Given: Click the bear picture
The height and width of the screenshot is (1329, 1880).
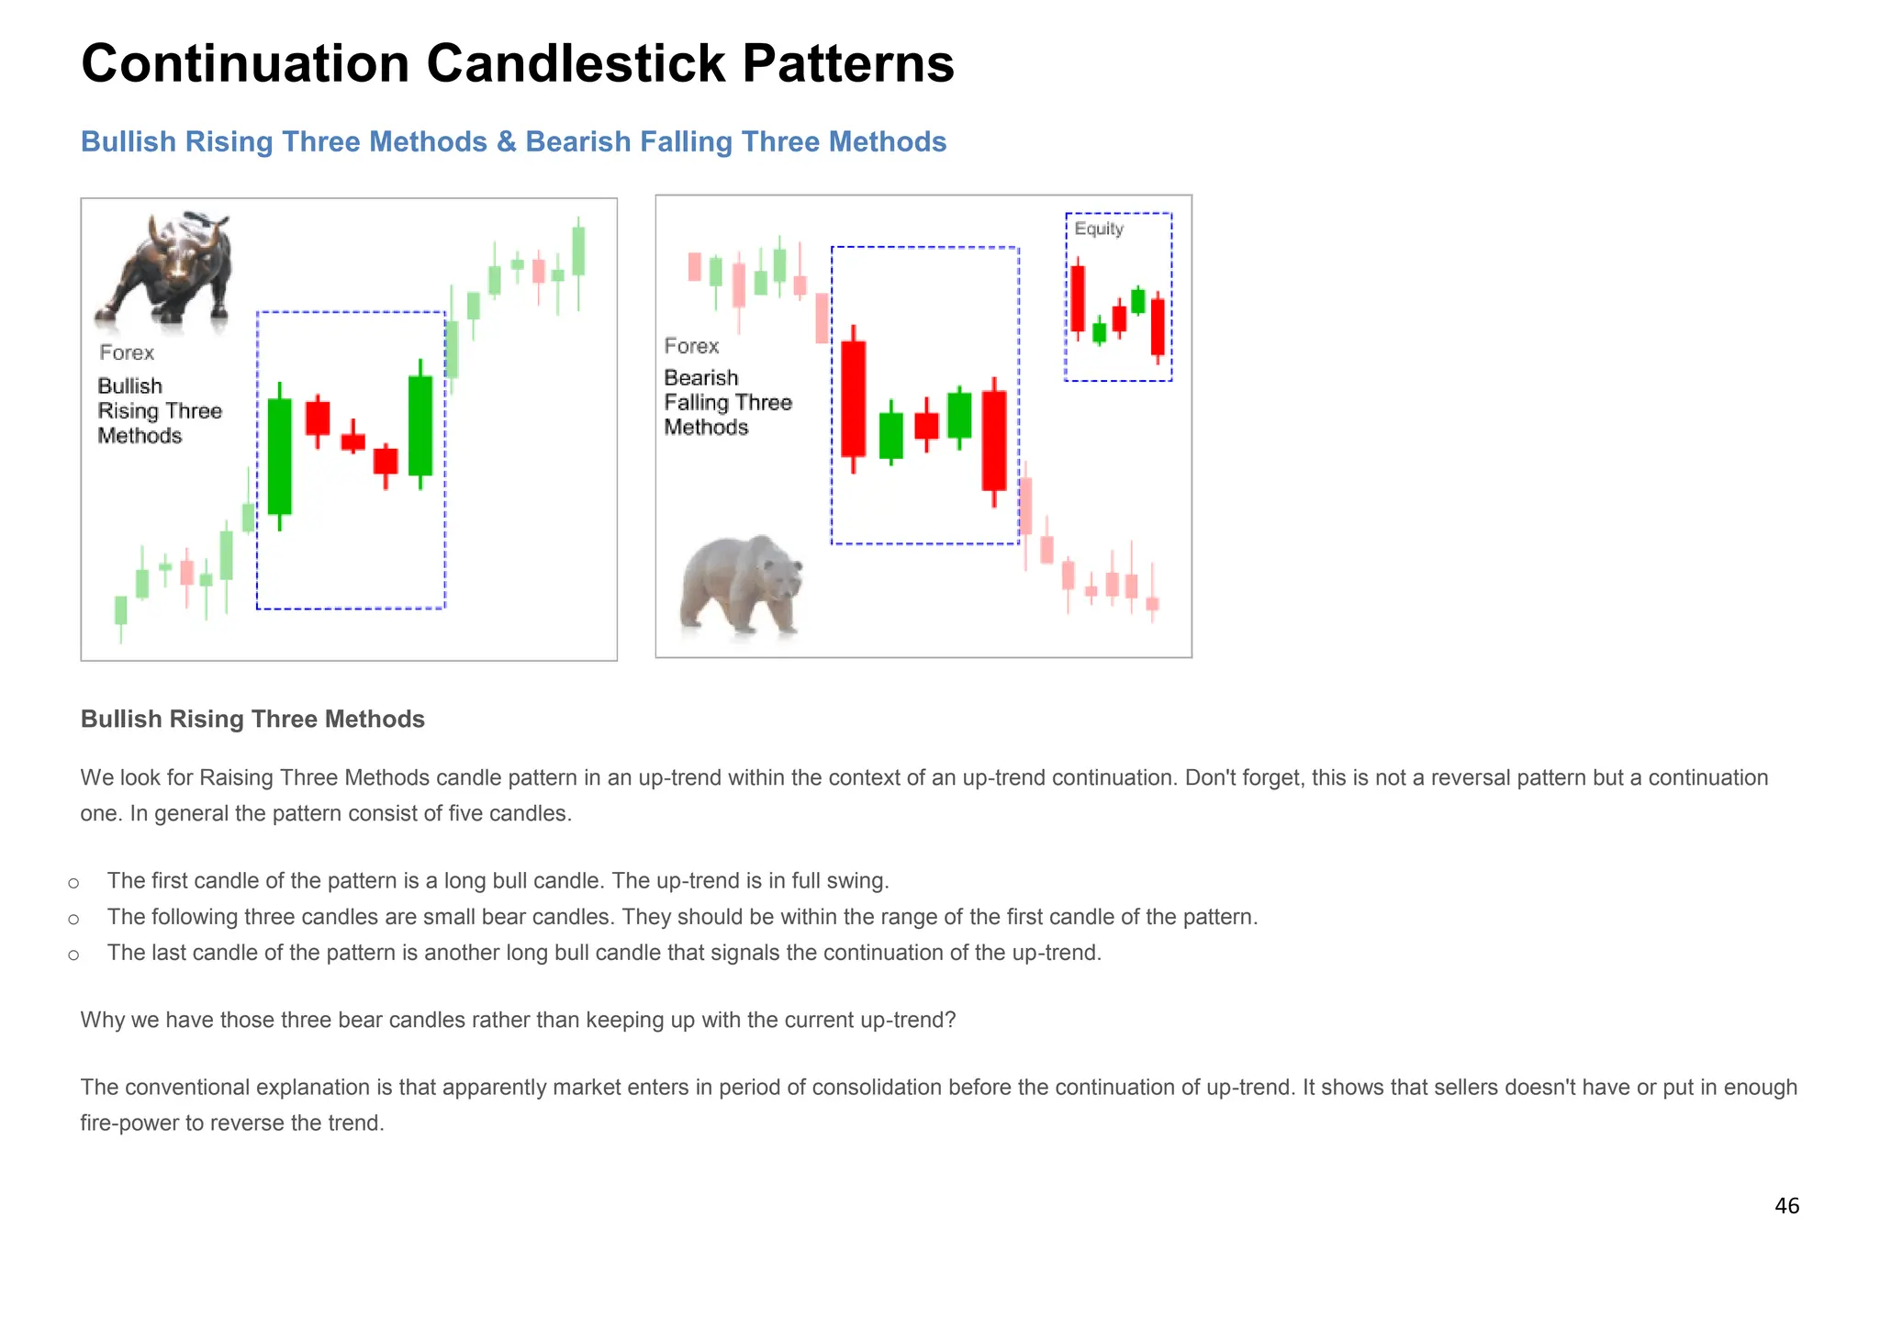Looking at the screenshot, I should click(742, 586).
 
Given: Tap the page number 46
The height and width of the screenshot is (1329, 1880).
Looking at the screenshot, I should click(1786, 1205).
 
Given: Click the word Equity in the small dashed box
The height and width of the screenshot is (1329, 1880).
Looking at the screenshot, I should click(1098, 229).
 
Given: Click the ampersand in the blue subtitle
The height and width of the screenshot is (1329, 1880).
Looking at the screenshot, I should click(506, 142).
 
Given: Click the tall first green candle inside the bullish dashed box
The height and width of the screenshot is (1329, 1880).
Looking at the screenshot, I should click(279, 456).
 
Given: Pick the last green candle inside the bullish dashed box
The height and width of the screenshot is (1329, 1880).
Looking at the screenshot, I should click(420, 425).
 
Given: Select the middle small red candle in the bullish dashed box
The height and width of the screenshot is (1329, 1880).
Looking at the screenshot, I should click(352, 441).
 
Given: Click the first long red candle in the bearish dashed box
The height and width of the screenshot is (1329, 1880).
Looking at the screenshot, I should click(853, 398).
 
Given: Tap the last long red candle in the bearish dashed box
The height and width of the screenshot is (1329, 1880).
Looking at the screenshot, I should click(993, 441).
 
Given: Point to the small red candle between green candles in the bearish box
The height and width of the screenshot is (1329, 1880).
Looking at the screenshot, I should click(926, 426).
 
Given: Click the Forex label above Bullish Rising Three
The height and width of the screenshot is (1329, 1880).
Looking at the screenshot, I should click(127, 352).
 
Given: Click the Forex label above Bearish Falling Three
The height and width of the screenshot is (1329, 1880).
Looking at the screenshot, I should click(691, 346).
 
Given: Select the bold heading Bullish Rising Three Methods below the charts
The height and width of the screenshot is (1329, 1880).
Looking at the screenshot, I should click(252, 719).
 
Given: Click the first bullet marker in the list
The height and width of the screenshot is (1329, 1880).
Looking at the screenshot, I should click(73, 883).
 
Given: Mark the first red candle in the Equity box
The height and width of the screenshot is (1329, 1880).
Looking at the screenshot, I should click(1077, 298).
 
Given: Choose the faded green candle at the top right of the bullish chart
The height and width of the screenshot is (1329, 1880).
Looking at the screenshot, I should click(578, 251).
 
